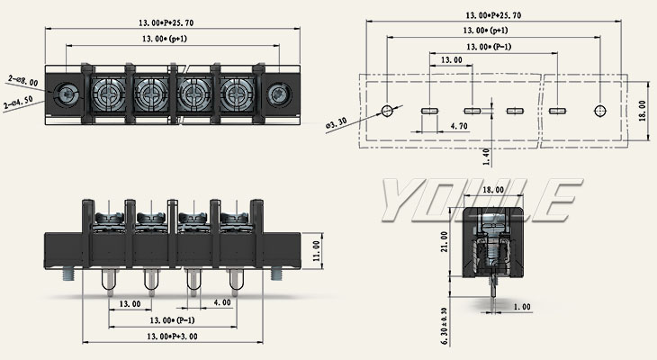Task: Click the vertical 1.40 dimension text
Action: tap(487, 157)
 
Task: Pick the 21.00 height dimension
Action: tap(443, 242)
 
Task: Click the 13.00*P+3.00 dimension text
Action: tap(161, 336)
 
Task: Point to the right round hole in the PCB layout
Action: tap(600, 111)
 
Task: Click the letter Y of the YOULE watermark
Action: tap(400, 200)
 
